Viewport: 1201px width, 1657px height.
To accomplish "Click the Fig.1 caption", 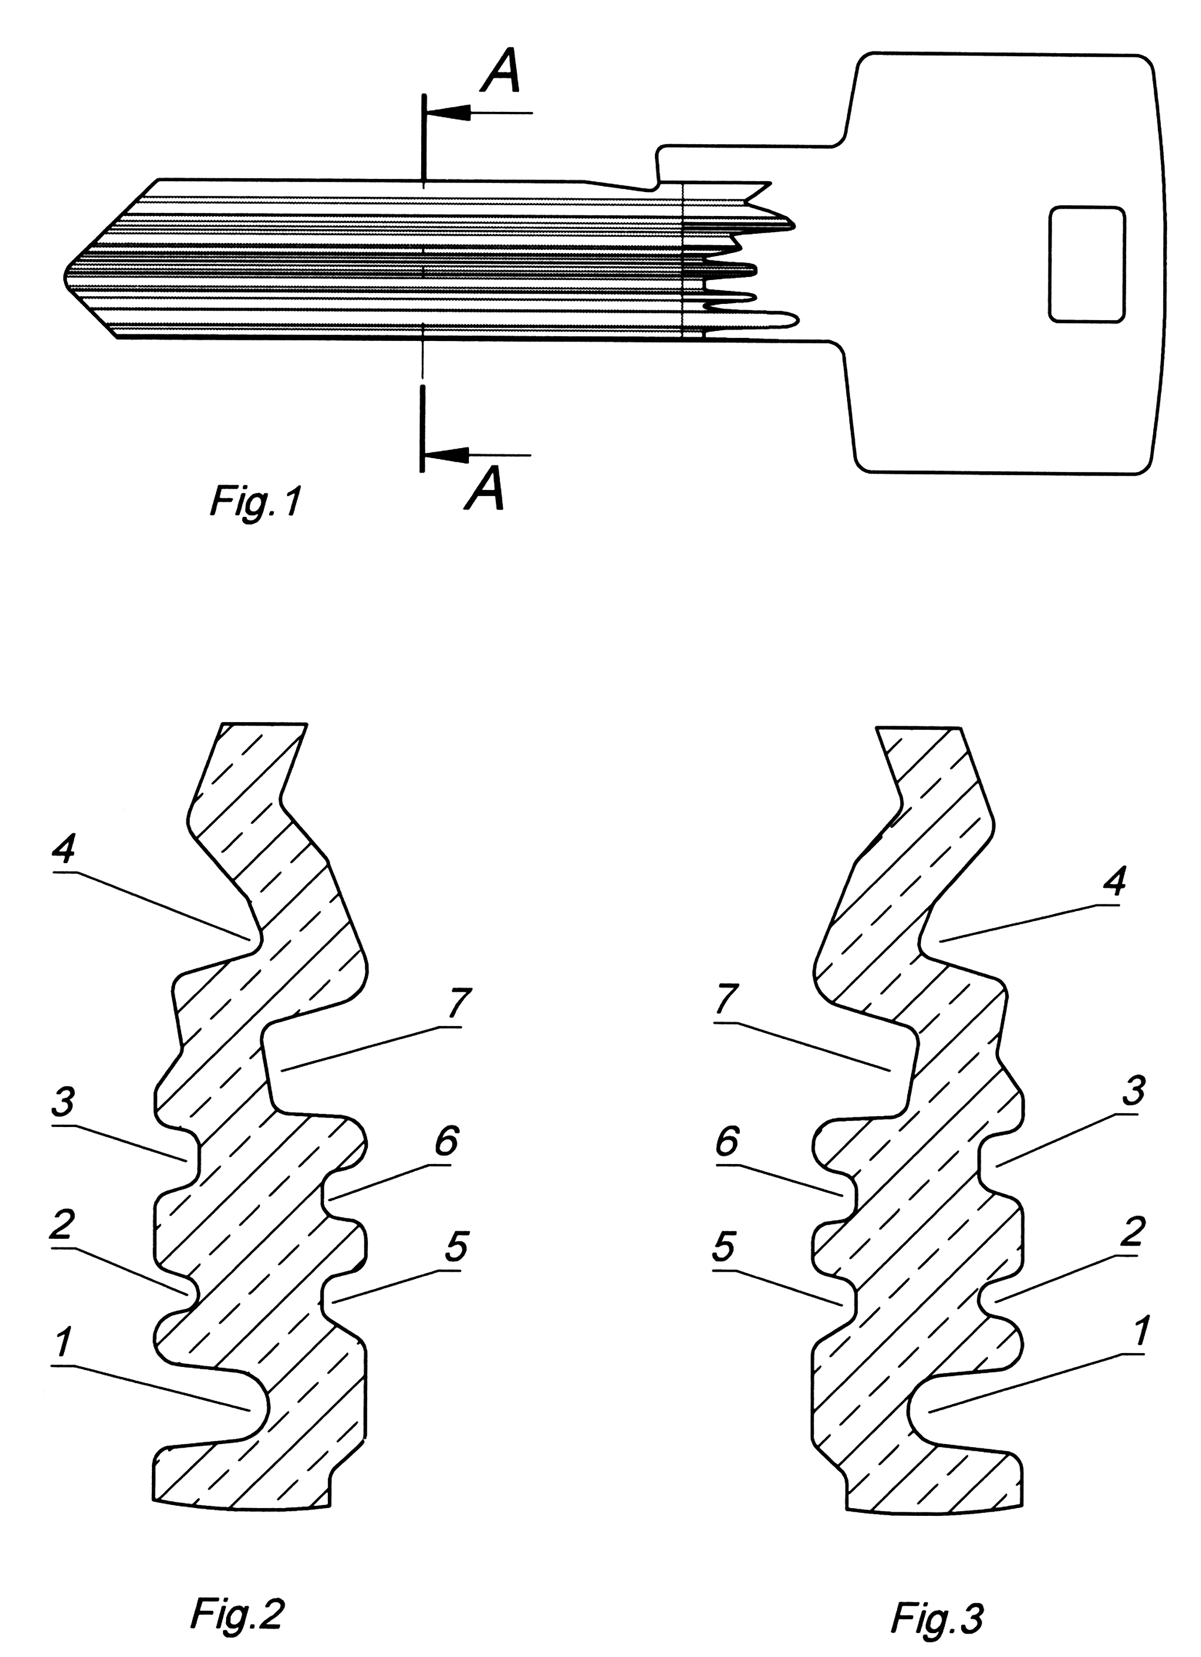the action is click(255, 504).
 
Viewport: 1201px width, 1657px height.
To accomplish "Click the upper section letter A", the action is click(501, 74).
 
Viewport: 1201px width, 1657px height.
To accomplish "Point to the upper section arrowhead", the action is click(447, 113).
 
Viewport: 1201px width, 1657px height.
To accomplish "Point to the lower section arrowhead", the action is click(446, 455).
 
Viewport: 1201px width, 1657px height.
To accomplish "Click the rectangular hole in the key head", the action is click(1086, 264).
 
